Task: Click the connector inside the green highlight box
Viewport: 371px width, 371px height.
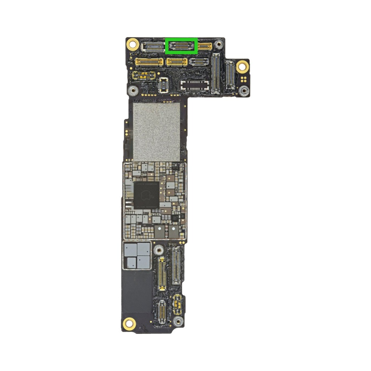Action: pyautogui.click(x=182, y=45)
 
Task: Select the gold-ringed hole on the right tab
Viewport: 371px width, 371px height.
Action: pyautogui.click(x=242, y=67)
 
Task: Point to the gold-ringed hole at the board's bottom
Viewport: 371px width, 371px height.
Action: pyautogui.click(x=129, y=323)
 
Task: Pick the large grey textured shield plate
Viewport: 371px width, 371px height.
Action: pyautogui.click(x=156, y=131)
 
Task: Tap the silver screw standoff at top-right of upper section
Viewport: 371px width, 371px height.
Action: pyautogui.click(x=219, y=45)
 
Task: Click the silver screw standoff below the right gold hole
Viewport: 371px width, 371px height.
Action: pyautogui.click(x=243, y=90)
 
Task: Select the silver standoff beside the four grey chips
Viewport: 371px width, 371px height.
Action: pyautogui.click(x=159, y=251)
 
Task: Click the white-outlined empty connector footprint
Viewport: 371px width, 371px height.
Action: pyautogui.click(x=195, y=84)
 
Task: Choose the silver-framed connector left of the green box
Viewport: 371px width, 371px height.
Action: pyautogui.click(x=152, y=46)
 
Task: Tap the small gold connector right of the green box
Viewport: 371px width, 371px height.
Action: pyautogui.click(x=205, y=46)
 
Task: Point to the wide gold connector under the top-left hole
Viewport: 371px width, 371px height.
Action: pyautogui.click(x=148, y=61)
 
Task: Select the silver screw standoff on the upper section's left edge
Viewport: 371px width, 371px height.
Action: pyautogui.click(x=133, y=90)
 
